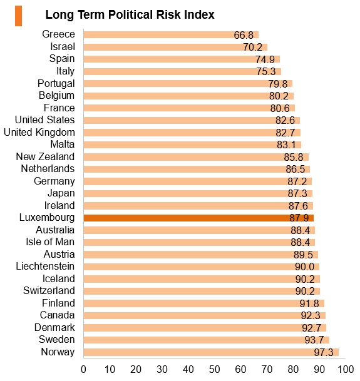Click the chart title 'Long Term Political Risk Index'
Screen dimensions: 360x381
[x=130, y=14]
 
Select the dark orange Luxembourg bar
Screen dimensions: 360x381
[x=198, y=218]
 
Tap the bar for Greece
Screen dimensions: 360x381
[x=171, y=35]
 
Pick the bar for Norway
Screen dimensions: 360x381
[x=211, y=352]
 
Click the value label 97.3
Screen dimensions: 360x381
[x=324, y=352]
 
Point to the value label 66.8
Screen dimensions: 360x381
[x=244, y=35]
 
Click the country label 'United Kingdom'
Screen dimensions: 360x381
[x=39, y=133]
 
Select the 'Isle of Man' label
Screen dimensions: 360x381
[x=50, y=241]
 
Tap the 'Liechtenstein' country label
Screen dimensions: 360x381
[x=45, y=267]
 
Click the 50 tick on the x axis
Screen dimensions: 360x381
[x=214, y=369]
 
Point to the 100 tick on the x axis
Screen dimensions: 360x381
[x=346, y=369]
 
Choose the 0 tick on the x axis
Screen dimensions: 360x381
[x=83, y=369]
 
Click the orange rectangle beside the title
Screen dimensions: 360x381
[x=19, y=16]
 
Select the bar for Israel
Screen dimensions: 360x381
[x=175, y=47]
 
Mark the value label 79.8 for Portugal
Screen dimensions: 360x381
[x=278, y=84]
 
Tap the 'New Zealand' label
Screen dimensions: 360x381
[x=45, y=157]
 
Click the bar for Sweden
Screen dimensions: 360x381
[x=207, y=340]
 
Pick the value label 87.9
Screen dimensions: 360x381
[x=299, y=218]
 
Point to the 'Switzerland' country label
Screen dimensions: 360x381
[x=49, y=291]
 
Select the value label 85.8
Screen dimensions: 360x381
[x=294, y=157]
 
